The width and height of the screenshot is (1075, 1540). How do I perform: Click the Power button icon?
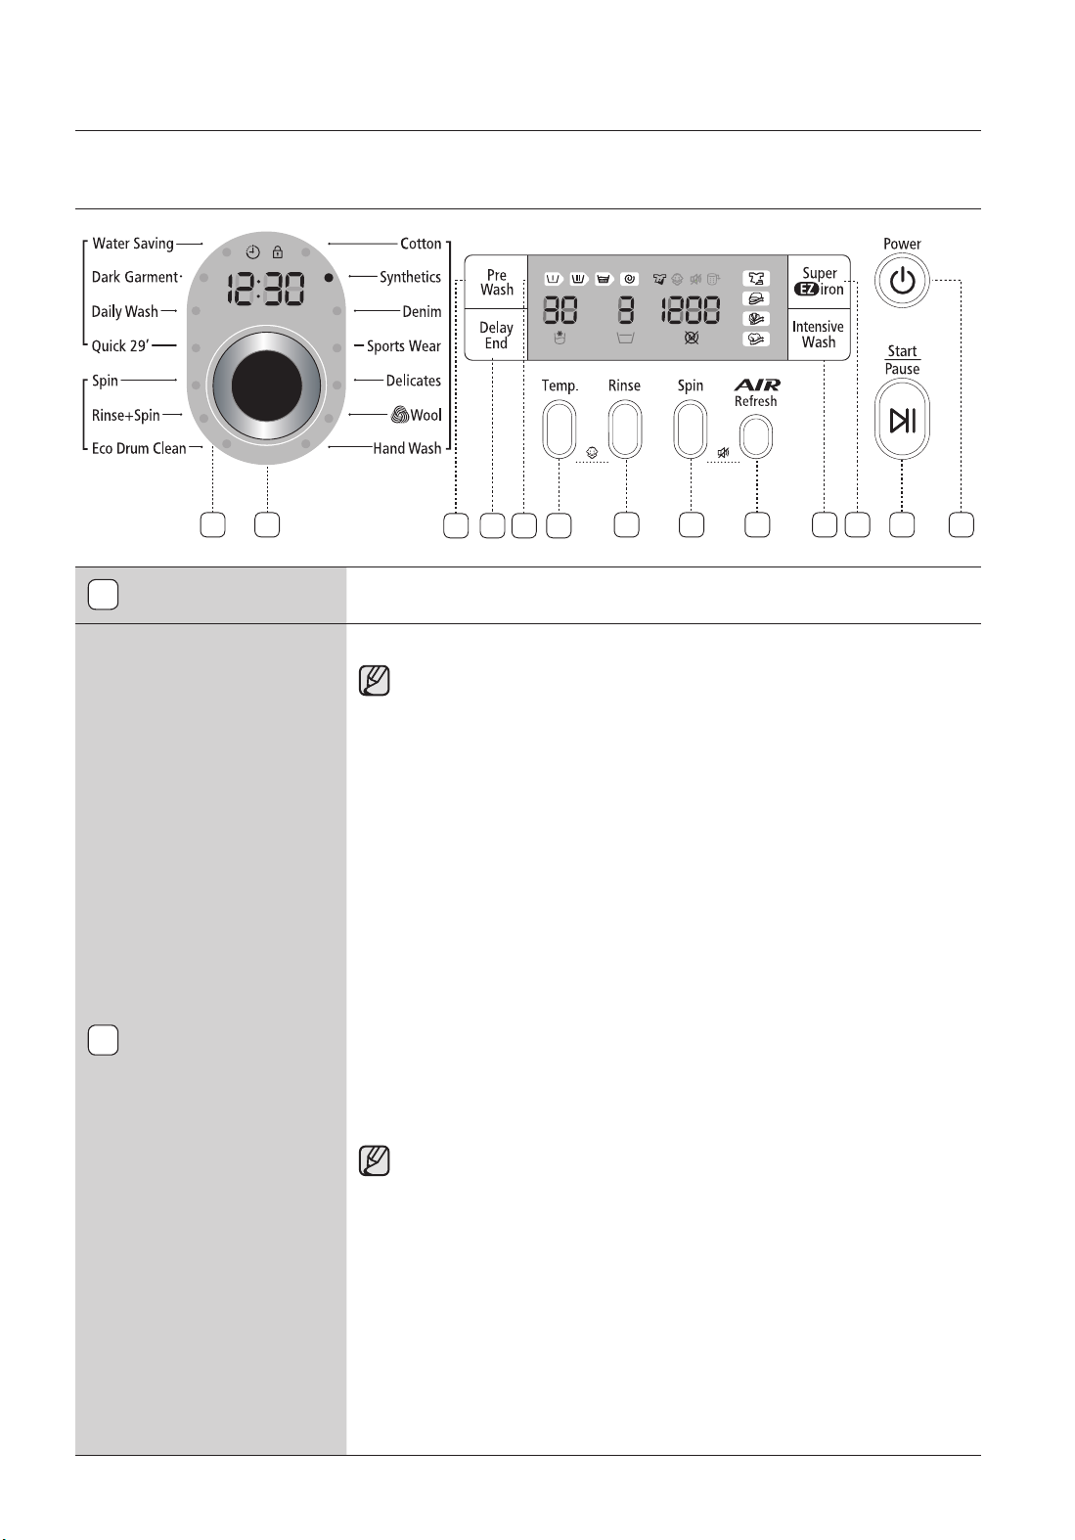[902, 281]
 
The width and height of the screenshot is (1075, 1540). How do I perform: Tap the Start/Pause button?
[902, 420]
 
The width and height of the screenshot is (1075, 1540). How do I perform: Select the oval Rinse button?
[625, 430]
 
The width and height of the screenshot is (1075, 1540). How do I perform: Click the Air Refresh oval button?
[755, 437]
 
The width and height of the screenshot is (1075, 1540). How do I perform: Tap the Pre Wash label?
[496, 283]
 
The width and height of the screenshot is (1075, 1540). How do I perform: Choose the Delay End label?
[496, 336]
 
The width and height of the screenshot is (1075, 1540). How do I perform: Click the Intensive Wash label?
[818, 335]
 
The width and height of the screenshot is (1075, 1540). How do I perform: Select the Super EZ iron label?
[819, 281]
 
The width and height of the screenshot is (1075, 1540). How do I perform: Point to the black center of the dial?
[267, 385]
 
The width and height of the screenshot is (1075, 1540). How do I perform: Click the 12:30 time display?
[266, 289]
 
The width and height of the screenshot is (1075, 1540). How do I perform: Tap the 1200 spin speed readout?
[691, 311]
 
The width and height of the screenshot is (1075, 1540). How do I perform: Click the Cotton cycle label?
[421, 244]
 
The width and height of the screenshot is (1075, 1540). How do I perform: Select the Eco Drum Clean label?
[139, 448]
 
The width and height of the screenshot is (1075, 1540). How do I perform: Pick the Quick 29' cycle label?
[120, 345]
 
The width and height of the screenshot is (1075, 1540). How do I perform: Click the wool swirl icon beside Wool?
[400, 415]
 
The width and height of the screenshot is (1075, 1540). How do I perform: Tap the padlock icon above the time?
[278, 252]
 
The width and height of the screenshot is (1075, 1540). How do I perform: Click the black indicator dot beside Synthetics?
[329, 278]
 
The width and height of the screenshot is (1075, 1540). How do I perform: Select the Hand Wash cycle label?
[407, 448]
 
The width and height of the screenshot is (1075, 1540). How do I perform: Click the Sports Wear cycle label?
[403, 345]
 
